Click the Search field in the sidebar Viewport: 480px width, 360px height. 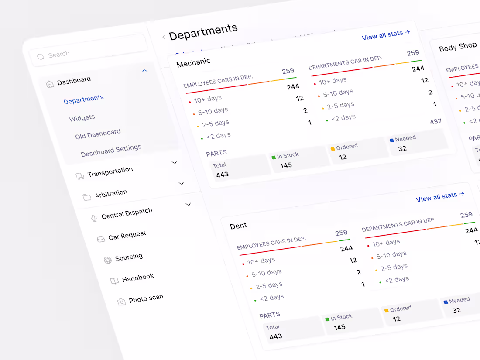(x=87, y=52)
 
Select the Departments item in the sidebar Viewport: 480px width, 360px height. (x=83, y=99)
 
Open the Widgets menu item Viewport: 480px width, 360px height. (x=82, y=118)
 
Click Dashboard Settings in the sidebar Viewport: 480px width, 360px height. (x=111, y=151)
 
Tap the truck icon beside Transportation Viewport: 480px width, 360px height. (x=80, y=176)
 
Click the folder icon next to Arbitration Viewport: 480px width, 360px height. (x=87, y=197)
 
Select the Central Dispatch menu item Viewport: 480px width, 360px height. (x=127, y=213)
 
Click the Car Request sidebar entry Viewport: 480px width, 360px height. (x=127, y=236)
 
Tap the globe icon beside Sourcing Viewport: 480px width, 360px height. (x=107, y=260)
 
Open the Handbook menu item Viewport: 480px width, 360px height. (x=137, y=278)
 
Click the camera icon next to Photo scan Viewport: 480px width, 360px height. (x=122, y=302)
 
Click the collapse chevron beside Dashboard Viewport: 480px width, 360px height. (x=145, y=70)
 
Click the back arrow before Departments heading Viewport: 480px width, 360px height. (x=164, y=37)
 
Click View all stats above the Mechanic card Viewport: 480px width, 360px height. (x=386, y=35)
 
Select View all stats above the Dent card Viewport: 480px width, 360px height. (x=440, y=197)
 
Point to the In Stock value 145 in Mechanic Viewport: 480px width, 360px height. (x=286, y=165)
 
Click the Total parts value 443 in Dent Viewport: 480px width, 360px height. (x=275, y=336)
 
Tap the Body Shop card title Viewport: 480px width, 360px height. (x=458, y=47)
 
